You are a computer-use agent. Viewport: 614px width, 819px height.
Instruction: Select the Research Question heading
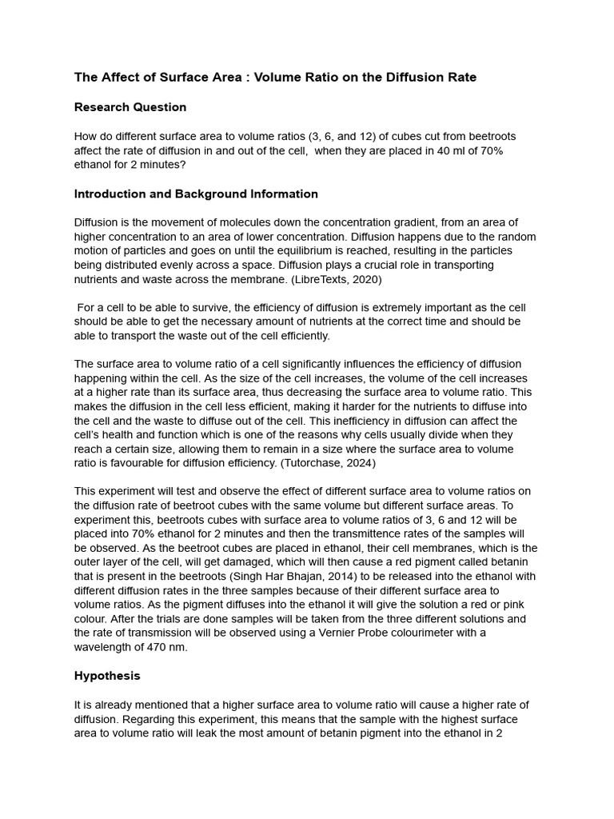(130, 107)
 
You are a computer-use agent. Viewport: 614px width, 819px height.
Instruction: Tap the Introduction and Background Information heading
(196, 194)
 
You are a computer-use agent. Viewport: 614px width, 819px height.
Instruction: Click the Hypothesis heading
(107, 675)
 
